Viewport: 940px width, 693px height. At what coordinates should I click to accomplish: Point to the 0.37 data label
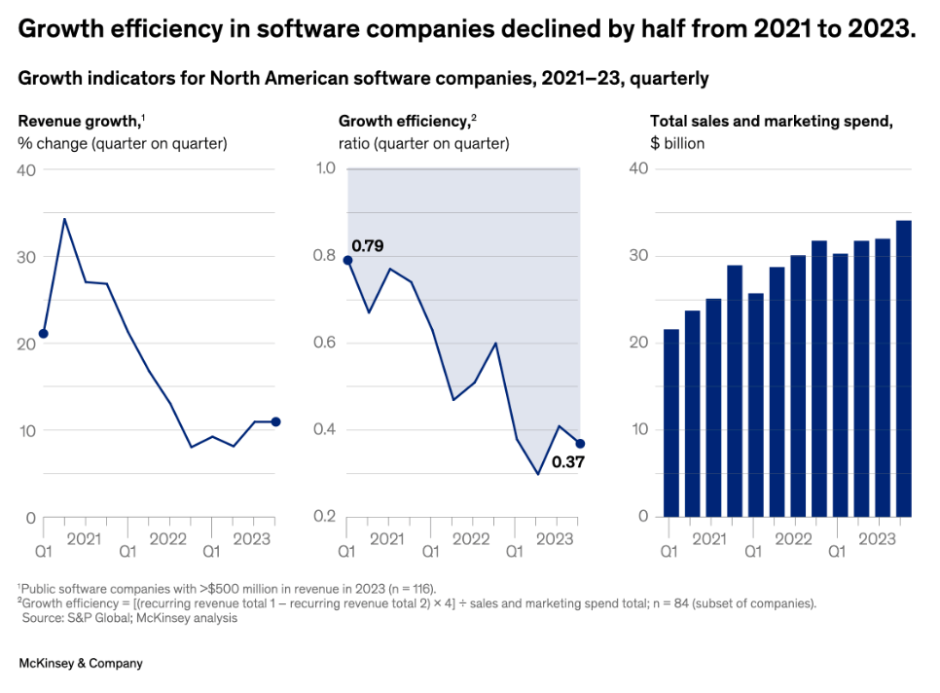tap(567, 462)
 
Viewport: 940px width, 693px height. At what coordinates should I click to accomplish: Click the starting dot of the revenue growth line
tap(43, 334)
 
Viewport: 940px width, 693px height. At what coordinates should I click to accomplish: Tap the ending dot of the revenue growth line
tap(276, 421)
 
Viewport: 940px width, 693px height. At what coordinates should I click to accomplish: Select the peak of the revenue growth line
tap(64, 219)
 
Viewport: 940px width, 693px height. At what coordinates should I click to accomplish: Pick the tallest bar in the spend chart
tap(903, 369)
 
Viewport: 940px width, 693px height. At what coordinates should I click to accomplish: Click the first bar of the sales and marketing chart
tap(670, 422)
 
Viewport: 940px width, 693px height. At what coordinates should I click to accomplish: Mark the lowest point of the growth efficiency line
tap(538, 474)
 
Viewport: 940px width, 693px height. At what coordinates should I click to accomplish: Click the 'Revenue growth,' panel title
tap(79, 122)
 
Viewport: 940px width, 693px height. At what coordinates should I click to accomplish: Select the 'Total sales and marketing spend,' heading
tap(771, 122)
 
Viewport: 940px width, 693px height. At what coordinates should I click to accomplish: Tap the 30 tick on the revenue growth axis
tap(28, 256)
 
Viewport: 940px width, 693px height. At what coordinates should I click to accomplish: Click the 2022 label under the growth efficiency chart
tap(472, 538)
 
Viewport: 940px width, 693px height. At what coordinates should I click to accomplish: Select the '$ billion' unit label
tap(677, 144)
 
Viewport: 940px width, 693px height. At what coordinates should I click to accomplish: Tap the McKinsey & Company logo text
tap(81, 663)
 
